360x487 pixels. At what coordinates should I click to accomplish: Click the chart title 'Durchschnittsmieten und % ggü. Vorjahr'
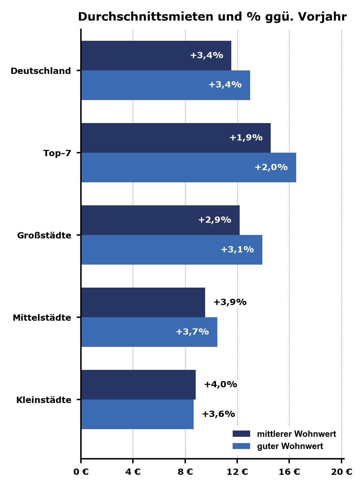tap(212, 17)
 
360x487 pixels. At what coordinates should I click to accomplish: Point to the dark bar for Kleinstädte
tap(138, 385)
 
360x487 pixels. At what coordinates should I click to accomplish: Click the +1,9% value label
tap(246, 138)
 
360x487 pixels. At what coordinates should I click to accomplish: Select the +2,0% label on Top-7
tap(271, 167)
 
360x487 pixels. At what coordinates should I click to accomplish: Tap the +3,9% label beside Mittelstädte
tap(230, 302)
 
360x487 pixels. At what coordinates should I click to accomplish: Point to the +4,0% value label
tap(220, 385)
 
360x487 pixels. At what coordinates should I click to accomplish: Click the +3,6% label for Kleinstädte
tap(218, 414)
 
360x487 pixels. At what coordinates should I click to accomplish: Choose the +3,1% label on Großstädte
tap(237, 250)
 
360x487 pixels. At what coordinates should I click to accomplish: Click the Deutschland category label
tap(41, 71)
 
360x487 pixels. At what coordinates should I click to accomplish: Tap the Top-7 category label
tap(57, 153)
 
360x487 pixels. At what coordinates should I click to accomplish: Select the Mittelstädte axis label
tap(42, 318)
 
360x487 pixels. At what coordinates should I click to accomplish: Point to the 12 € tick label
tap(237, 472)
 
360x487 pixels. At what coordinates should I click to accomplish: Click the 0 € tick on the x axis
tap(81, 472)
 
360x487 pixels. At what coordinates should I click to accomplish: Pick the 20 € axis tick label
tap(342, 472)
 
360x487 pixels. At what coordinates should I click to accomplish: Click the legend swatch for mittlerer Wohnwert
tap(241, 434)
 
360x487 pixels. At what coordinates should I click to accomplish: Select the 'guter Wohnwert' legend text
tap(290, 446)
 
